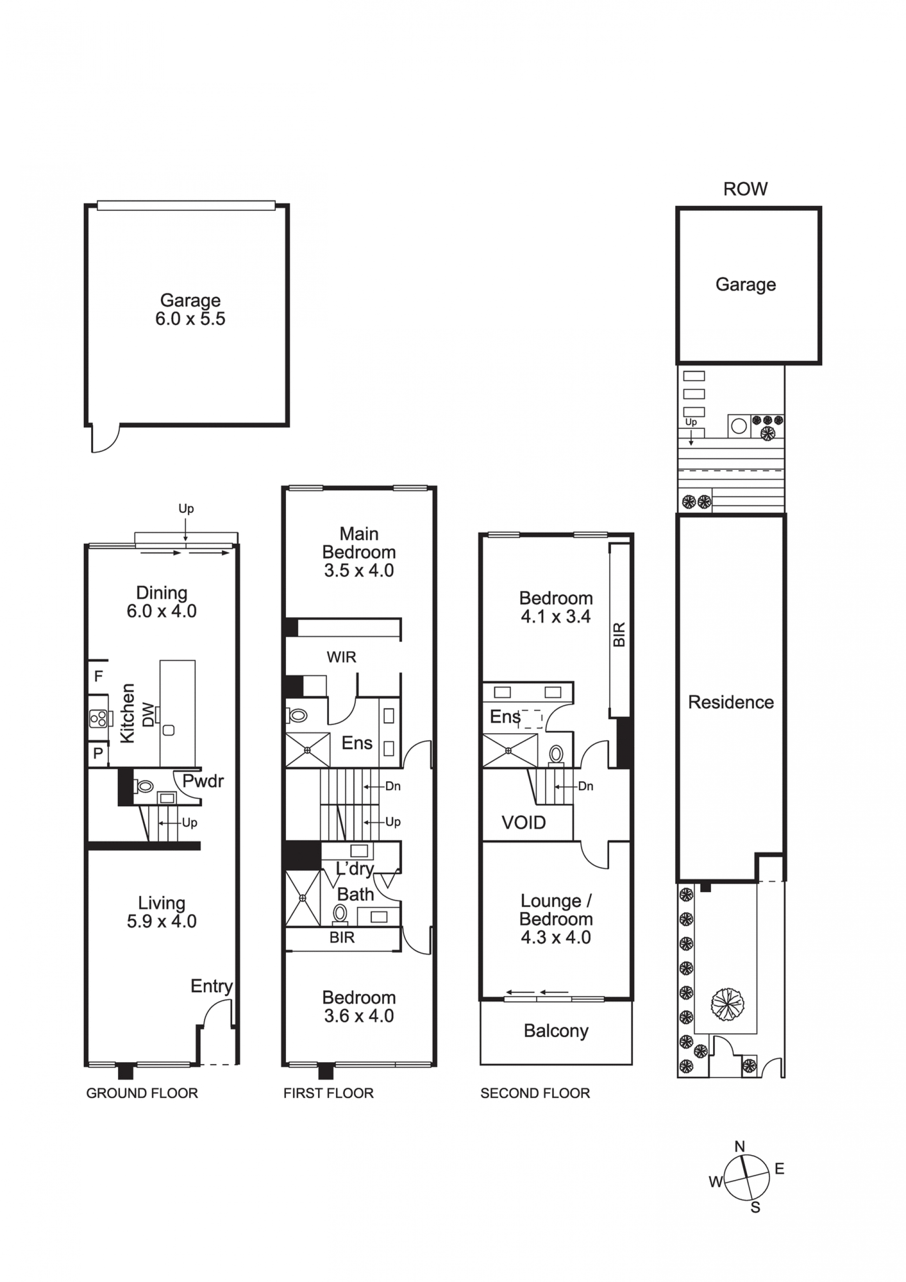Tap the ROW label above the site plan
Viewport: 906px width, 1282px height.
pyautogui.click(x=745, y=189)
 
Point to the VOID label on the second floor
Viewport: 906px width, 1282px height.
pyautogui.click(x=523, y=822)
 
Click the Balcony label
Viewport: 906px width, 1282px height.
pyautogui.click(x=556, y=1031)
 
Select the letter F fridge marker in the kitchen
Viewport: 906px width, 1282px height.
pyautogui.click(x=98, y=676)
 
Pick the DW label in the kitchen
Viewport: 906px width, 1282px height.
pyautogui.click(x=148, y=714)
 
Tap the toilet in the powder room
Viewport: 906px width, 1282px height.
pyautogui.click(x=143, y=787)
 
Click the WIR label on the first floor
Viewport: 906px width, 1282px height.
pyautogui.click(x=341, y=657)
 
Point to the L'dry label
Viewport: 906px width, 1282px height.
pyautogui.click(x=355, y=869)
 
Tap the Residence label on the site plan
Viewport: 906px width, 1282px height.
pyautogui.click(x=730, y=703)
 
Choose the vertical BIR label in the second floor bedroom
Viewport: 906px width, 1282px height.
pyautogui.click(x=619, y=635)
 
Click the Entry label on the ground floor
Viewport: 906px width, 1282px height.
pyautogui.click(x=212, y=987)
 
